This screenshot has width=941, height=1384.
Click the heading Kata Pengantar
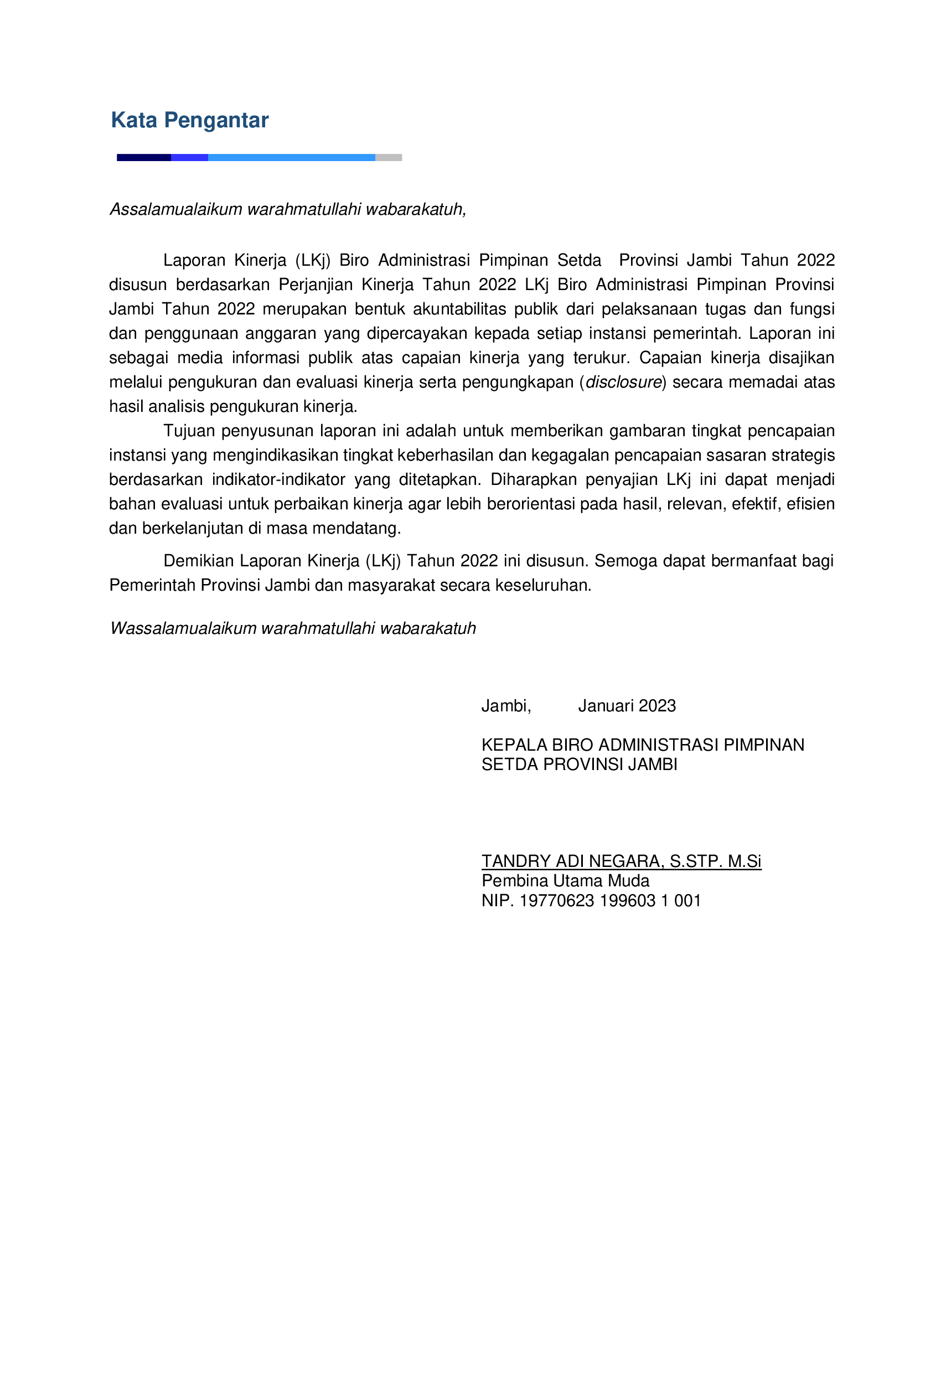(189, 120)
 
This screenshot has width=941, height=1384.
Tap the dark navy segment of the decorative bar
(143, 158)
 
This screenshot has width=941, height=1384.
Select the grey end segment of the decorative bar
(389, 158)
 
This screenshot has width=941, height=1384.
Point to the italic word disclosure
(624, 383)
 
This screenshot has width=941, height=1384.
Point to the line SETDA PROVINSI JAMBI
(579, 765)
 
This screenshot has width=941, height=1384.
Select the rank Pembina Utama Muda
(565, 881)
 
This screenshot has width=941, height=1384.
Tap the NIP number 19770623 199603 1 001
(609, 901)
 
